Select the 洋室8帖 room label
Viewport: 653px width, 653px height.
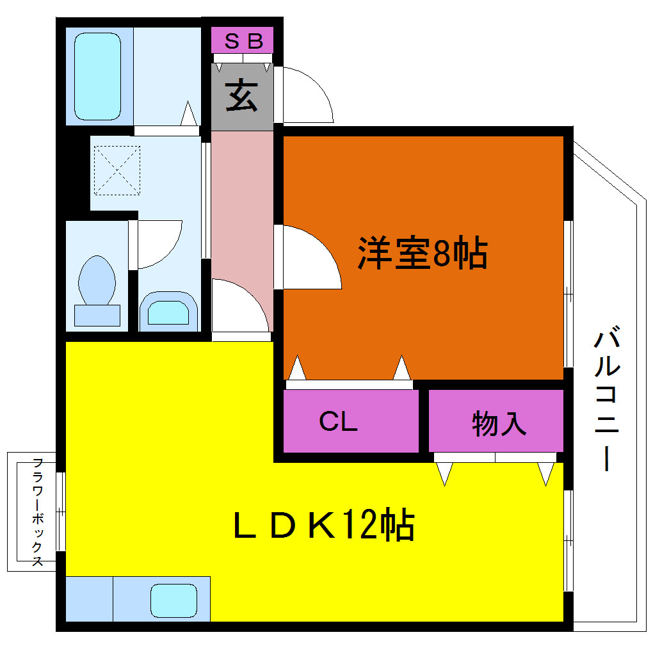[x=423, y=254]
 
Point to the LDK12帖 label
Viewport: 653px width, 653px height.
[x=324, y=524]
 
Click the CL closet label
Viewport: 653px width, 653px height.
[x=338, y=421]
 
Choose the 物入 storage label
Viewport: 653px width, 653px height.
[x=499, y=424]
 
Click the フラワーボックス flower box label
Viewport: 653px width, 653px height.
[x=38, y=512]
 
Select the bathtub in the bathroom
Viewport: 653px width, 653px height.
[x=98, y=76]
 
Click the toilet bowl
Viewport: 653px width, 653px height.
[x=97, y=280]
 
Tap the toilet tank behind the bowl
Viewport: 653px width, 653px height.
[x=97, y=315]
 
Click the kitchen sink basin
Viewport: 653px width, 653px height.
[x=173, y=601]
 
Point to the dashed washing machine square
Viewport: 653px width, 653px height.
[x=117, y=170]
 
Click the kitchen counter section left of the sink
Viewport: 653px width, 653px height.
[x=90, y=599]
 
